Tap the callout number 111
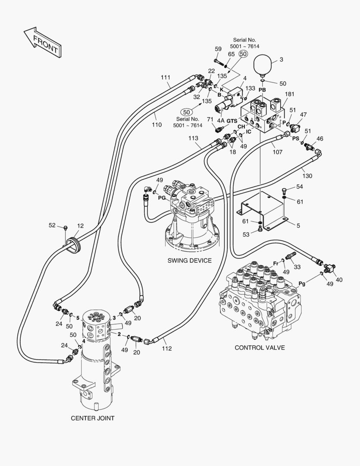pyautogui.click(x=166, y=78)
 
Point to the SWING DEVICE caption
pyautogui.click(x=190, y=261)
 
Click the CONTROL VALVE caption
pyautogui.click(x=260, y=348)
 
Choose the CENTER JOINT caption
pyautogui.click(x=92, y=418)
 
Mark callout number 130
pyautogui.click(x=307, y=176)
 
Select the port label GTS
pyautogui.click(x=232, y=121)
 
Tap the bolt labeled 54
pyautogui.click(x=284, y=189)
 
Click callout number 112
pyautogui.click(x=166, y=349)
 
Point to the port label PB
pyautogui.click(x=262, y=90)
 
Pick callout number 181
pyautogui.click(x=289, y=94)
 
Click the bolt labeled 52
pyautogui.click(x=66, y=228)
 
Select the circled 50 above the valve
pyautogui.click(x=243, y=54)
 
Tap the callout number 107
pyautogui.click(x=277, y=152)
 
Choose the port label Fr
pyautogui.click(x=276, y=263)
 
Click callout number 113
pyautogui.click(x=193, y=138)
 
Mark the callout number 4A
pyautogui.click(x=220, y=121)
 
